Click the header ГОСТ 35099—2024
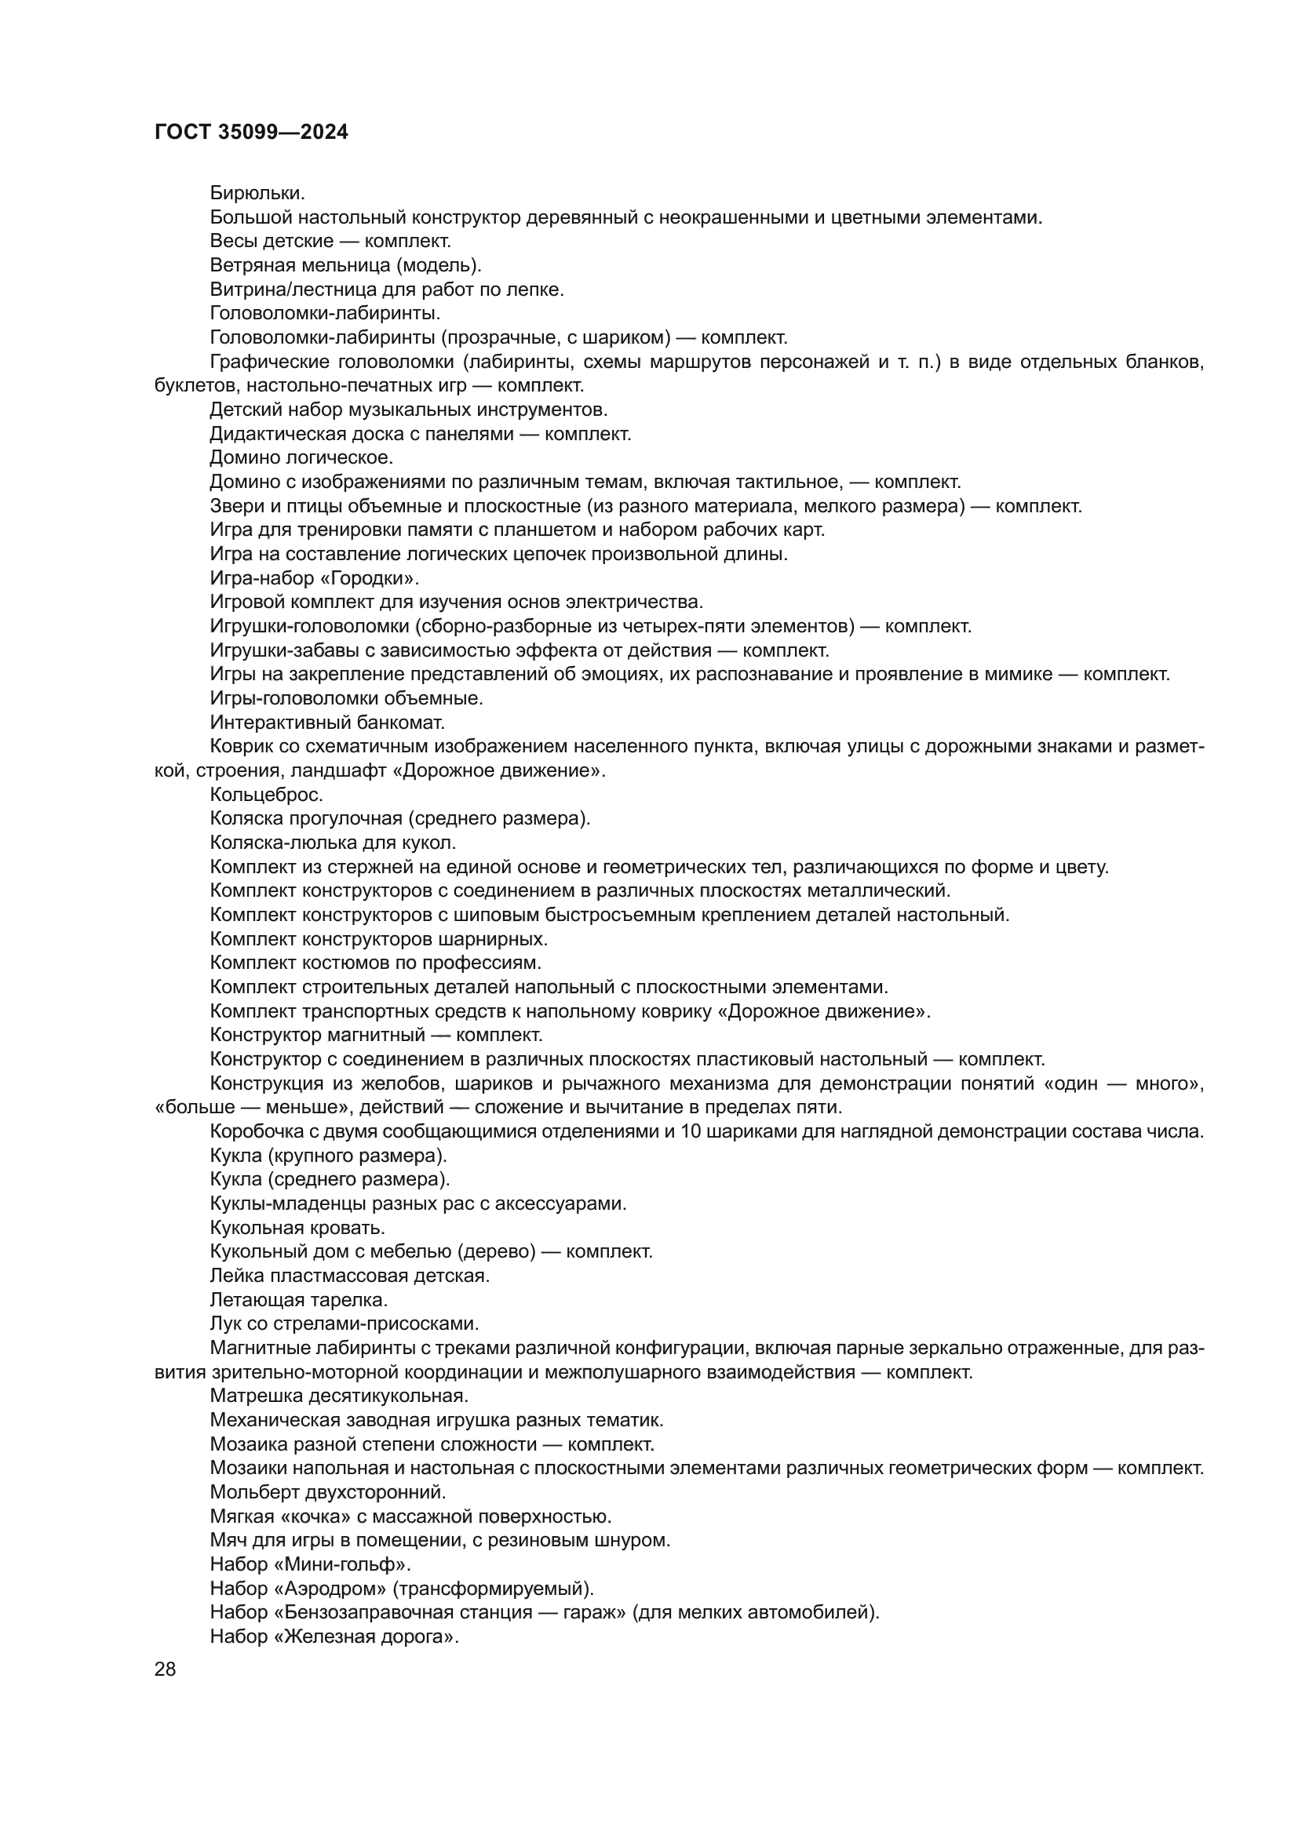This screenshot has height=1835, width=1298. tap(251, 133)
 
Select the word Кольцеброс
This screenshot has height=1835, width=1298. tap(266, 795)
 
